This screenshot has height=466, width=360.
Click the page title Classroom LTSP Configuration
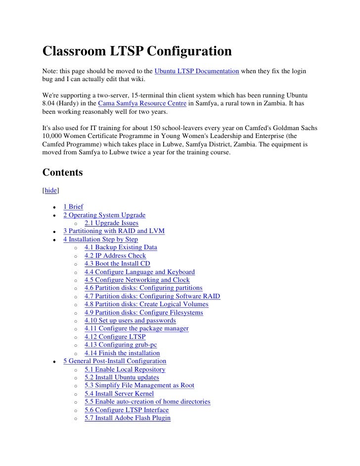137,51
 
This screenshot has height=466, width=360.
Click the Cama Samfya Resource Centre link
141,103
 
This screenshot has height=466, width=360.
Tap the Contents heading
62,173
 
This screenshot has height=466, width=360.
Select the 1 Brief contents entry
73,207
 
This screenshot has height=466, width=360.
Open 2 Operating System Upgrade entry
104,215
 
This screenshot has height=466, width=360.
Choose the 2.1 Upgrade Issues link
111,223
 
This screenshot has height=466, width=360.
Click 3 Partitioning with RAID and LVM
114,231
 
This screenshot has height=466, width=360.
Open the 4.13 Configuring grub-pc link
117,345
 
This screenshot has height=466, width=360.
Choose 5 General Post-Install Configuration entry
115,361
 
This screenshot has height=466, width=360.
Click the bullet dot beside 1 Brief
53,207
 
